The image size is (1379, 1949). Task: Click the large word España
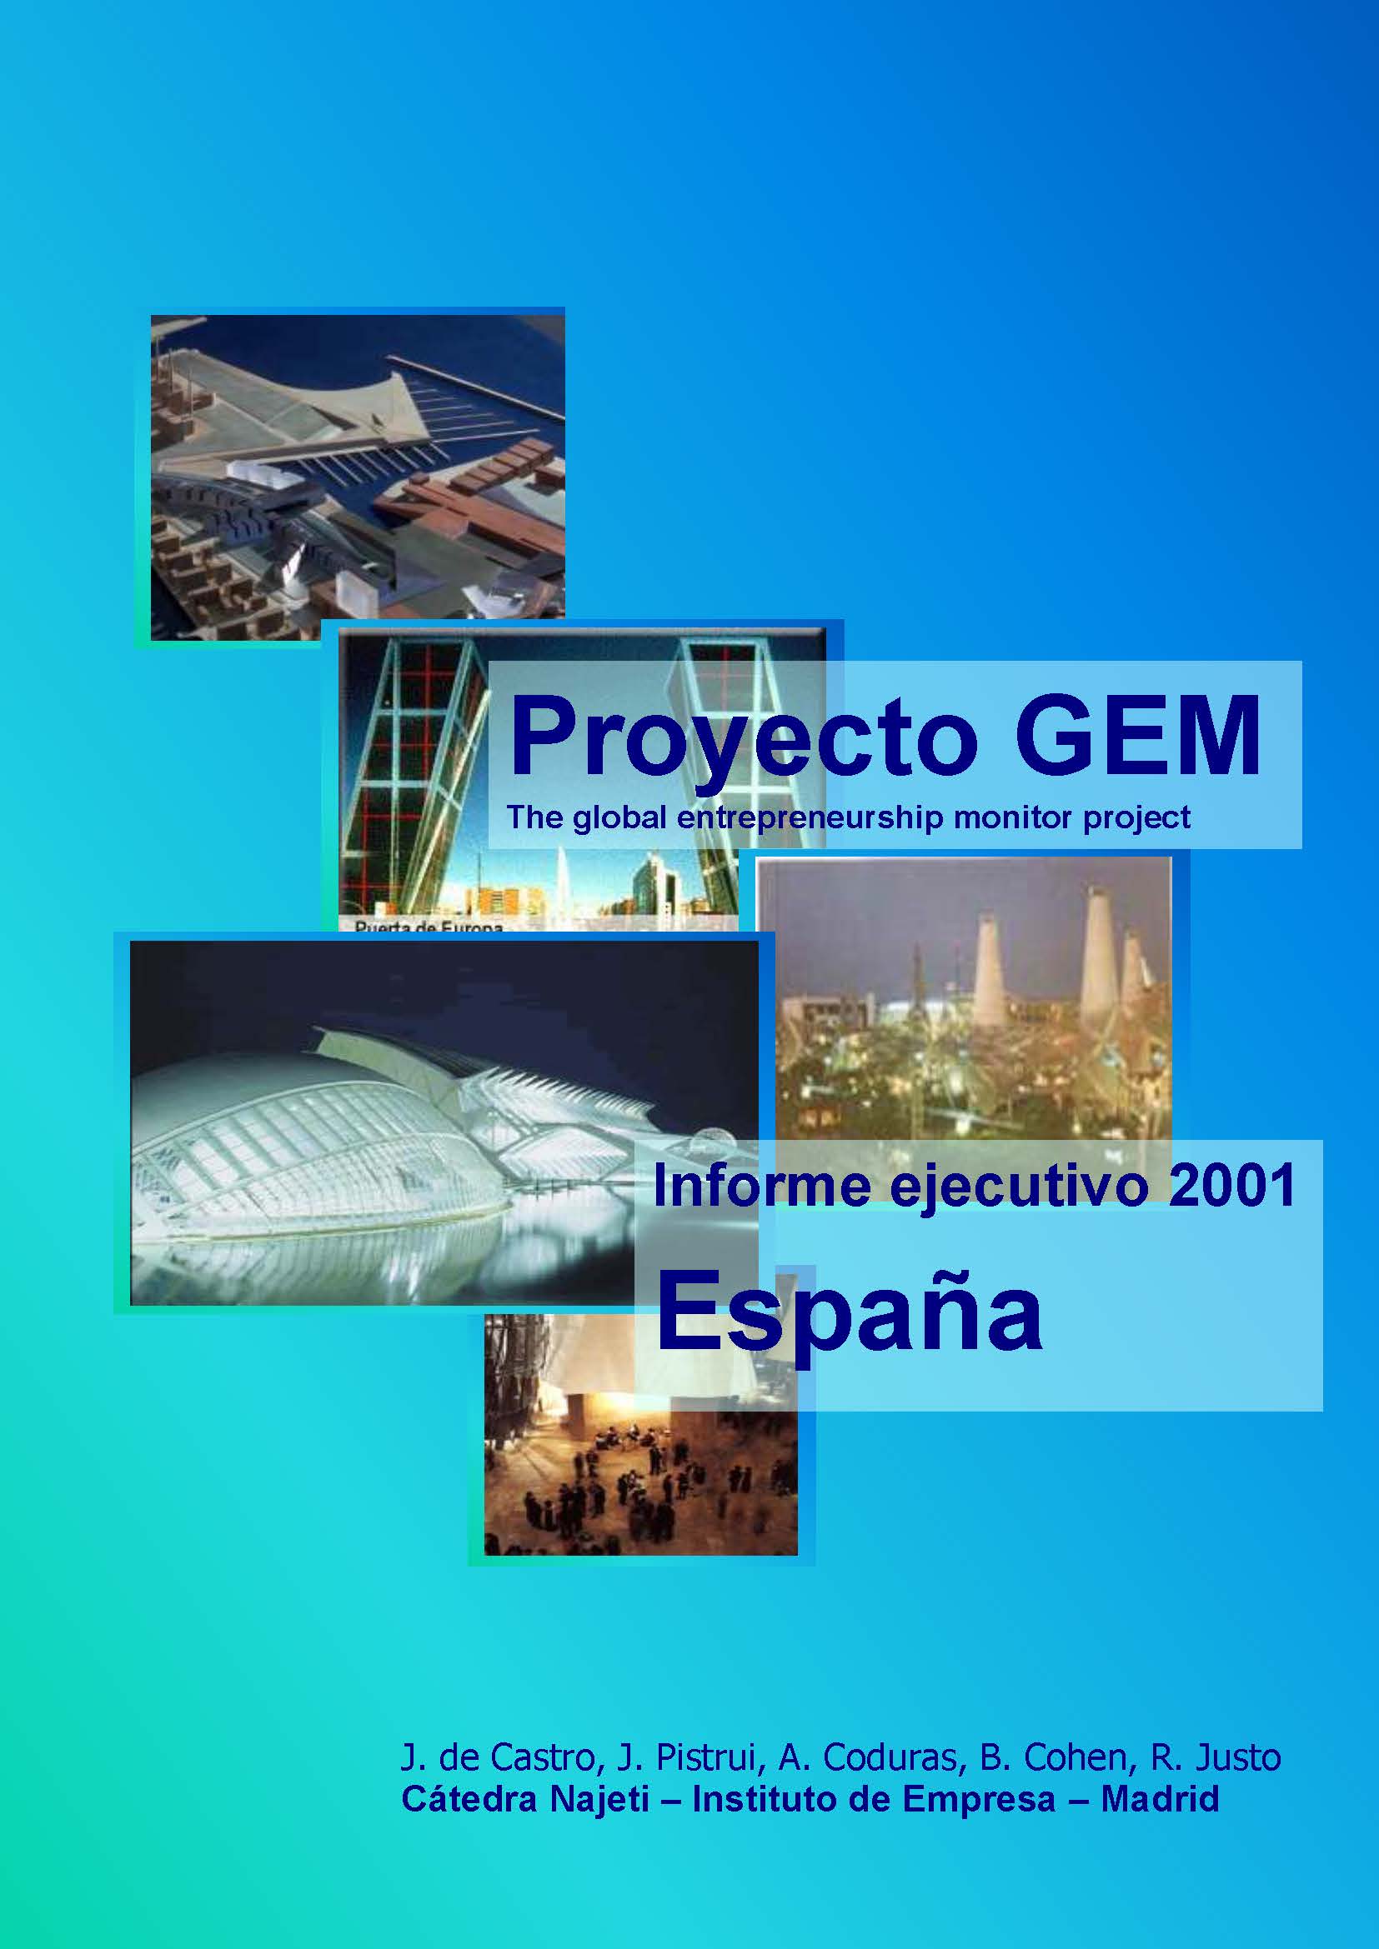click(x=849, y=1315)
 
